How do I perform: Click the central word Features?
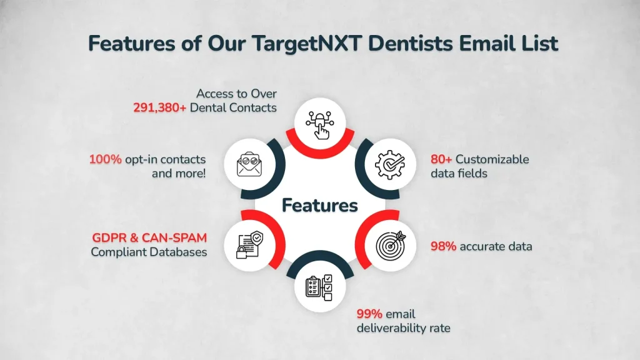[x=320, y=205]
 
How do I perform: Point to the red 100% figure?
[x=105, y=159]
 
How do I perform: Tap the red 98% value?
[x=443, y=246]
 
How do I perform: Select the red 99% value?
[x=369, y=314]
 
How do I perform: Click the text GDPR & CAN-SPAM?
[x=149, y=238]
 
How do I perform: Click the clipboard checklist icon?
[x=320, y=288]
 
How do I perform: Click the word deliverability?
[x=391, y=328]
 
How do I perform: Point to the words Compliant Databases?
[x=149, y=252]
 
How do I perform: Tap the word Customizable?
[x=494, y=159]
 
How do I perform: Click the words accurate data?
[x=496, y=246]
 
